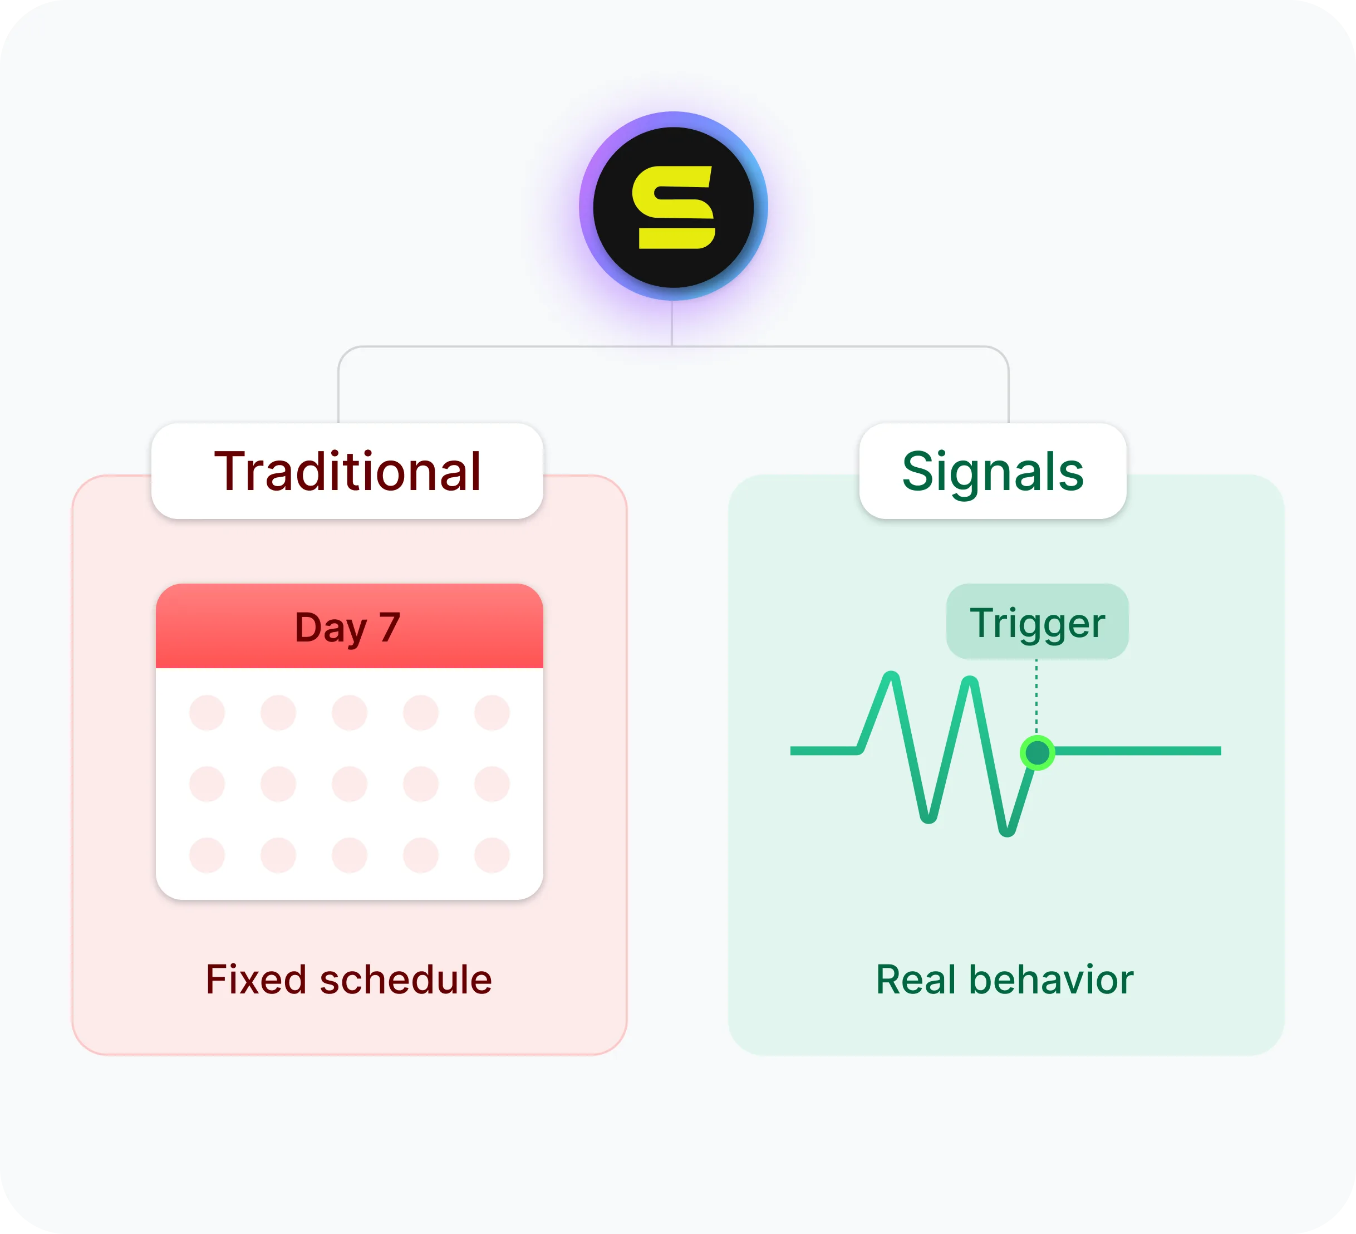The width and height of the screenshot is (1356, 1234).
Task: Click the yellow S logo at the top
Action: pos(674,207)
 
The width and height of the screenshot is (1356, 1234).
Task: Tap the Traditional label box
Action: pos(347,471)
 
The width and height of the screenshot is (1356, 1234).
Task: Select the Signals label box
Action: pos(993,471)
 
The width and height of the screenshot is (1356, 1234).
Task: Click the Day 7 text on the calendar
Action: pos(348,628)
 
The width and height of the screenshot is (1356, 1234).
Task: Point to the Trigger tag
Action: pos(1037,621)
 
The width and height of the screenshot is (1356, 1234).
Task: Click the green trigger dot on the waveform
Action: pos(1037,752)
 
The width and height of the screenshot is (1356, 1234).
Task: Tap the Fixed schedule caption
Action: pos(349,979)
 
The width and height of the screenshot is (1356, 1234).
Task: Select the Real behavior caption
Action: pos(1005,979)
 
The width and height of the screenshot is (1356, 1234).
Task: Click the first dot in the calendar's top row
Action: pos(207,713)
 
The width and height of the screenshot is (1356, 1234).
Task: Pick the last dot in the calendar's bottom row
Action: pos(492,855)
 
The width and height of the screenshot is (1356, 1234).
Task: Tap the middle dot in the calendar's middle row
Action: pos(350,784)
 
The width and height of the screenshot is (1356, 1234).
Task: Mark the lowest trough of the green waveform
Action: pos(1007,831)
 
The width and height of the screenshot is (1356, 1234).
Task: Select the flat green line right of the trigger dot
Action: pos(1138,751)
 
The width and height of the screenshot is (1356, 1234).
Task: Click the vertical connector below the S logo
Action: pos(672,324)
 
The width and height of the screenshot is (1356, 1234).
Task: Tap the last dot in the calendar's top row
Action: pos(492,713)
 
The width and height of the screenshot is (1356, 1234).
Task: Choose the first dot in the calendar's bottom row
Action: pos(207,855)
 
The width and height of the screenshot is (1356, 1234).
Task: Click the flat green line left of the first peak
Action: pos(824,751)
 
